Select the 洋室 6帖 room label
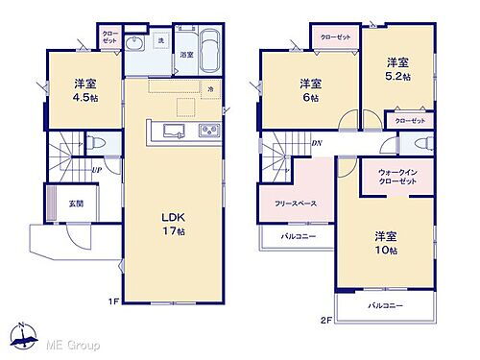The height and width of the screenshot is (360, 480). [x=309, y=88]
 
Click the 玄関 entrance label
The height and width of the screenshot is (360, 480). [x=49, y=203]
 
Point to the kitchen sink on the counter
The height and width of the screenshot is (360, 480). [x=172, y=132]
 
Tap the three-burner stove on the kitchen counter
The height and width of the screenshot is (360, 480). [x=209, y=132]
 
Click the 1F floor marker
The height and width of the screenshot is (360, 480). [x=113, y=302]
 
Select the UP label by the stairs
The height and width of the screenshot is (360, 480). [x=97, y=172]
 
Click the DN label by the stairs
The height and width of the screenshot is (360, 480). [x=316, y=144]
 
